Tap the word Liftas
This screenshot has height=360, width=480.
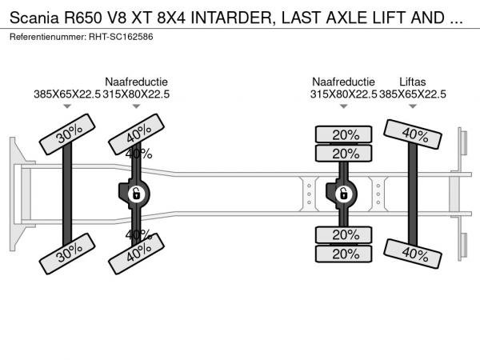click(x=413, y=82)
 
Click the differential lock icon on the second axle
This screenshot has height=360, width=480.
click(x=136, y=193)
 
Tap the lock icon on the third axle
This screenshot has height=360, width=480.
click(x=343, y=193)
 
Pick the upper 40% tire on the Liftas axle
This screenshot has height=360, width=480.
click(x=413, y=134)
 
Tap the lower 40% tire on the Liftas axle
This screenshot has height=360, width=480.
click(x=413, y=253)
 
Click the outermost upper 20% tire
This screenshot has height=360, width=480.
click(x=345, y=134)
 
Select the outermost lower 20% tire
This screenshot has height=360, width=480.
click(x=345, y=254)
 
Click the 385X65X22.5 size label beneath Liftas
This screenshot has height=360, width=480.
click(x=413, y=94)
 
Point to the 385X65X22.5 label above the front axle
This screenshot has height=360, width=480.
click(x=68, y=94)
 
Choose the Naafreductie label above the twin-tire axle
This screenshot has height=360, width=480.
click(x=343, y=82)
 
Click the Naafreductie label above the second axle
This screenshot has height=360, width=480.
click(x=136, y=82)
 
